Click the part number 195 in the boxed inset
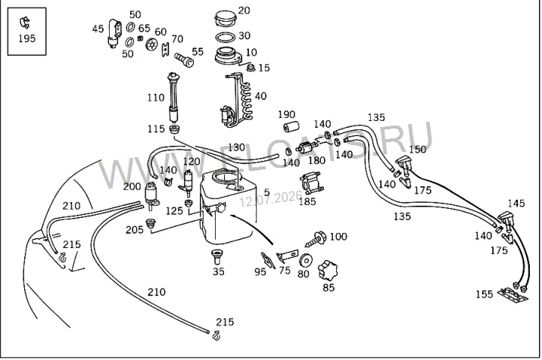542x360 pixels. [27, 39]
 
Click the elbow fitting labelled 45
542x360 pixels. [115, 33]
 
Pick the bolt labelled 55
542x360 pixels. [184, 60]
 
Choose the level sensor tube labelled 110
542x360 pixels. [173, 97]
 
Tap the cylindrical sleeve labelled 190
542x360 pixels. [291, 127]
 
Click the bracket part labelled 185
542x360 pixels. [311, 184]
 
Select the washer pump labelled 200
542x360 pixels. [151, 196]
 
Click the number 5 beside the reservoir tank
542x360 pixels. [266, 192]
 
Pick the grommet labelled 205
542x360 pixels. [150, 224]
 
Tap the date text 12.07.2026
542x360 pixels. [271, 199]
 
